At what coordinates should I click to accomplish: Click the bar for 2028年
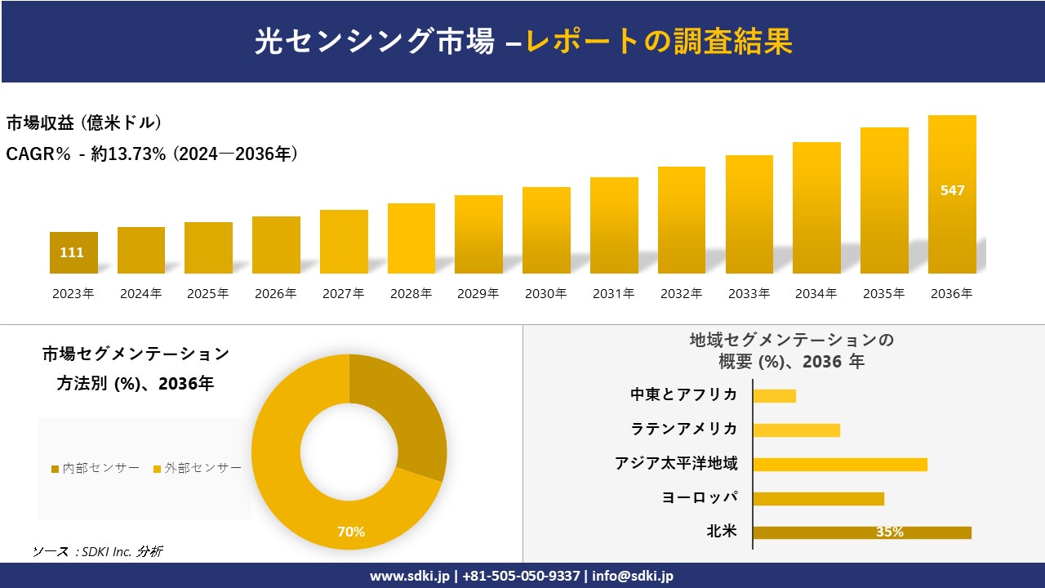(x=411, y=238)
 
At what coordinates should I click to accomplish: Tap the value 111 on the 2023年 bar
(x=72, y=252)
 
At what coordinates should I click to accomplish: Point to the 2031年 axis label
(x=613, y=293)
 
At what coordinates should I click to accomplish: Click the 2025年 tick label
(x=208, y=293)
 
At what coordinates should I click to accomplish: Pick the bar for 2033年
(x=749, y=214)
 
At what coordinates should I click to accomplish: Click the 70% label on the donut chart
(x=351, y=532)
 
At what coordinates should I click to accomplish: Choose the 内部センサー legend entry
(x=96, y=468)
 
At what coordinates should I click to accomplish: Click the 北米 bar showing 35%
(x=862, y=532)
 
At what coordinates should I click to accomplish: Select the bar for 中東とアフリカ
(x=774, y=396)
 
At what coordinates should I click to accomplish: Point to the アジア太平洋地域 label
(x=676, y=464)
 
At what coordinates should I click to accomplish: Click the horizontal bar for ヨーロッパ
(x=818, y=498)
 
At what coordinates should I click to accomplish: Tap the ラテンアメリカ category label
(x=684, y=429)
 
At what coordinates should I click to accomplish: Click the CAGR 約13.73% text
(x=152, y=154)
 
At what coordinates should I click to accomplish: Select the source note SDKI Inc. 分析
(x=98, y=551)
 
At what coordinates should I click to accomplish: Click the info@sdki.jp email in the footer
(x=633, y=576)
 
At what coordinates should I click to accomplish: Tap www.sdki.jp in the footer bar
(x=409, y=576)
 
